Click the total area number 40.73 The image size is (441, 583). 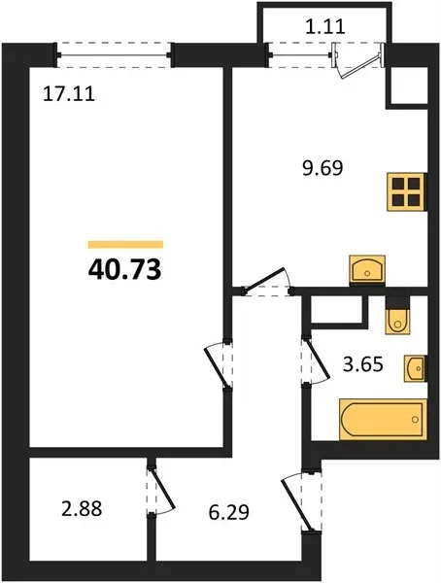pyautogui.click(x=125, y=269)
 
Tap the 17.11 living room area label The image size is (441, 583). pyautogui.click(x=69, y=93)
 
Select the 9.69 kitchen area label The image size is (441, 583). pyautogui.click(x=322, y=168)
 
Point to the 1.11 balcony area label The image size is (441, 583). pyautogui.click(x=325, y=27)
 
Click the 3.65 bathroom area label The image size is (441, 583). pyautogui.click(x=363, y=364)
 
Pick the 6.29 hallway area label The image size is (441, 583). pyautogui.click(x=228, y=513)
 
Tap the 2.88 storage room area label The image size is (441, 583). pyautogui.click(x=82, y=508)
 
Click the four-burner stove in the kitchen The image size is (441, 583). pyautogui.click(x=406, y=191)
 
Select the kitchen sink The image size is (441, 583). pyautogui.click(x=367, y=270)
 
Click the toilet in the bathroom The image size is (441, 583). pyautogui.click(x=398, y=316)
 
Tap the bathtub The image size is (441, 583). pyautogui.click(x=383, y=420)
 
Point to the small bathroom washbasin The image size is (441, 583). pyautogui.click(x=415, y=368)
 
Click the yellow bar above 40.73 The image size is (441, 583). pyautogui.click(x=125, y=244)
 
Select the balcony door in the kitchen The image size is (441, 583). pyautogui.click(x=358, y=59)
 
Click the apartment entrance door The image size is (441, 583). pyautogui.click(x=301, y=501)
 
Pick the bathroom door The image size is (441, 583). pyautogui.click(x=315, y=360)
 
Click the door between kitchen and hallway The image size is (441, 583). pyautogui.click(x=267, y=283)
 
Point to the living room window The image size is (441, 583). pyautogui.click(x=114, y=55)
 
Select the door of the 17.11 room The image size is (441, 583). pyautogui.click(x=219, y=364)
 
